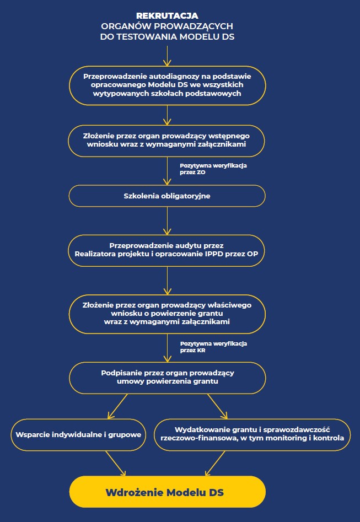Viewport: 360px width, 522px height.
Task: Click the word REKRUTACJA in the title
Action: (x=167, y=16)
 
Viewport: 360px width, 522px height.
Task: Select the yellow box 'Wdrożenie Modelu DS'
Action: (x=167, y=492)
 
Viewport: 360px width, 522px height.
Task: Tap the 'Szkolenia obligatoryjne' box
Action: (x=167, y=196)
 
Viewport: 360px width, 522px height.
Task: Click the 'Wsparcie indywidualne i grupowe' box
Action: (x=78, y=434)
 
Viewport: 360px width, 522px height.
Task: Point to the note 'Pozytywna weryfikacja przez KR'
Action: (x=205, y=347)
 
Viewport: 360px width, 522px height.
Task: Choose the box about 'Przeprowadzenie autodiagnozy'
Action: (x=167, y=85)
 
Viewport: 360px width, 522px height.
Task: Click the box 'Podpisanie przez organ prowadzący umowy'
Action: (x=167, y=377)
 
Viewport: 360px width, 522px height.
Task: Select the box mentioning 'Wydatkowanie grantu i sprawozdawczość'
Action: (x=252, y=434)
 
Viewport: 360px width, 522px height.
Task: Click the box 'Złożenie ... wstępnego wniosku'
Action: (x=167, y=140)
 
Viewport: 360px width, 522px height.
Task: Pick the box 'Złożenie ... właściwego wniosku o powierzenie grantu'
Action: (x=167, y=314)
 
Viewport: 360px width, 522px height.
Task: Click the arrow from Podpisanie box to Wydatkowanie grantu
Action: (x=216, y=407)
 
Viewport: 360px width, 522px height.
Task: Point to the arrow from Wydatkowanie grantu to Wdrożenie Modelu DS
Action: (x=216, y=463)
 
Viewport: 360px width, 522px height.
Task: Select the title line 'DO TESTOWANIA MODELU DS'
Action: (x=167, y=36)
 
